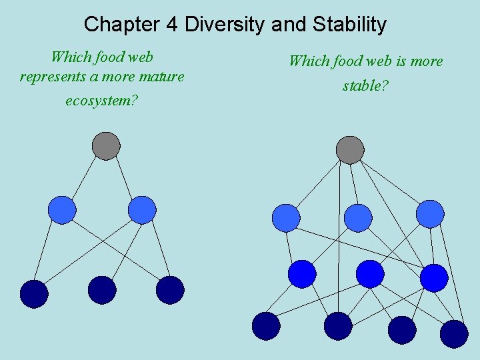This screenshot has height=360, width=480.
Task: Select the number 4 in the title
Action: coord(172,25)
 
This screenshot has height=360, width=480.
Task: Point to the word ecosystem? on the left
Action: coord(101,101)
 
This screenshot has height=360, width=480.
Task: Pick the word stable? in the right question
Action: coord(365,86)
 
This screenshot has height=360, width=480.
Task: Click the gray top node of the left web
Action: coord(106,146)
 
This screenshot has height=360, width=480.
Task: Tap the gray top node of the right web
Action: coord(350,150)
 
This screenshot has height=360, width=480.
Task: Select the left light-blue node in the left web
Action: coord(62,210)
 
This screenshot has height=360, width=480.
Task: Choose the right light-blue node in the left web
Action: coord(142,210)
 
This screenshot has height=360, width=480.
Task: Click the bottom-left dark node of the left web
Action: coord(34,294)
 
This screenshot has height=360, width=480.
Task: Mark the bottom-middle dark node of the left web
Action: coord(102,290)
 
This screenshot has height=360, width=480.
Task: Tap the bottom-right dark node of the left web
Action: coord(170,290)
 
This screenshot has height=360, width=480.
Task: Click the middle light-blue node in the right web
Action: coord(358,218)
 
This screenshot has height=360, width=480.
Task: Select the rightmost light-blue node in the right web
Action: coord(430,214)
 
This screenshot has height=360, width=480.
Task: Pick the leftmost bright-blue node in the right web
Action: coord(302,274)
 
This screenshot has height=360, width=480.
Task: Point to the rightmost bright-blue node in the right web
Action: coord(434,278)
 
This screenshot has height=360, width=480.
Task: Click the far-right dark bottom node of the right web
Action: coord(454,334)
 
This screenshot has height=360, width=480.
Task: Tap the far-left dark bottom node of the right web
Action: coord(266,326)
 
